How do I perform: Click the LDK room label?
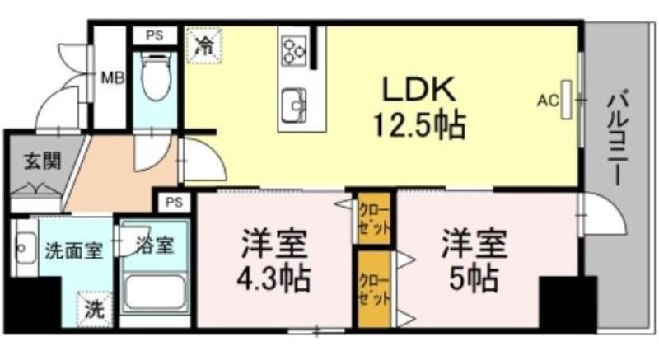[418, 88]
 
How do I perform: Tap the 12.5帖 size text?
[419, 124]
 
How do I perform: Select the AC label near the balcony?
[548, 101]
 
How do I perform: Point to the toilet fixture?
[155, 76]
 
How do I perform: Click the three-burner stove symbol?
[294, 50]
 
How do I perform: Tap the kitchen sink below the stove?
[294, 104]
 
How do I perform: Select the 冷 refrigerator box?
[204, 45]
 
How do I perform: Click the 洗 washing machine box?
[95, 309]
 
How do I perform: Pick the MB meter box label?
[113, 78]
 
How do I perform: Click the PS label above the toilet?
[154, 35]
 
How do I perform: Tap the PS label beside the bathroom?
[174, 202]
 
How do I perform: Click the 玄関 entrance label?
[43, 161]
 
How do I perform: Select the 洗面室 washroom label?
[74, 250]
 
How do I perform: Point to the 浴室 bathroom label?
[155, 245]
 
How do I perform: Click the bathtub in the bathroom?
[155, 293]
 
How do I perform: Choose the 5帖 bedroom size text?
[474, 278]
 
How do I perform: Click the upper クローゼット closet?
[374, 219]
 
